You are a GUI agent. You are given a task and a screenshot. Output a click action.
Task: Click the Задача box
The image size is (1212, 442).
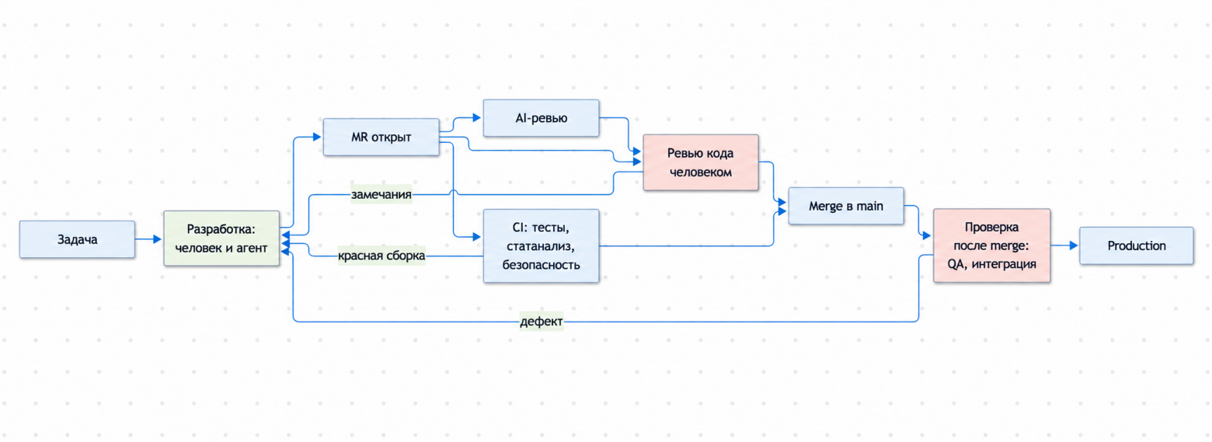click(x=78, y=239)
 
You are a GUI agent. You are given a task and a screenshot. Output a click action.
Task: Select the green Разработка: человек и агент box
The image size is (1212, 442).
click(x=221, y=238)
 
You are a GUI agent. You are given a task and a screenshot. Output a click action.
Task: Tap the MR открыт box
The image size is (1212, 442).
click(x=381, y=137)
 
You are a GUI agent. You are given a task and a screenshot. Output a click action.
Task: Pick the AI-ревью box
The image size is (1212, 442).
click(x=541, y=118)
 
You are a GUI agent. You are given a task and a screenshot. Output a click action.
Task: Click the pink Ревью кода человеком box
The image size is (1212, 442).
click(x=701, y=162)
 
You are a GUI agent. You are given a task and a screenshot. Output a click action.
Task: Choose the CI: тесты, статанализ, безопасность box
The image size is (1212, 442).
click(x=541, y=245)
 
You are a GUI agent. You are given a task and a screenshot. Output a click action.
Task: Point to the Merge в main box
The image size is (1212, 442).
click(x=846, y=206)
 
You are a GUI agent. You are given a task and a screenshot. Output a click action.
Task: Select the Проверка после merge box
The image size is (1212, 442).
click(x=992, y=245)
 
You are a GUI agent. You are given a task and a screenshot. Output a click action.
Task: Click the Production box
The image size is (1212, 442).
click(x=1136, y=245)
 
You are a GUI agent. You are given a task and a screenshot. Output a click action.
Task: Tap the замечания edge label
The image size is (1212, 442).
click(x=381, y=194)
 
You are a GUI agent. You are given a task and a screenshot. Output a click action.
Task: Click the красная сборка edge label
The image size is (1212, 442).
click(x=381, y=256)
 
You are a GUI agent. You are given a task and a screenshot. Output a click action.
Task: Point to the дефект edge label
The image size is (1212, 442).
click(x=541, y=322)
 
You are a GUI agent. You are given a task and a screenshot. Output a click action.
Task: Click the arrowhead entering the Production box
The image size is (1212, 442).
click(x=1074, y=245)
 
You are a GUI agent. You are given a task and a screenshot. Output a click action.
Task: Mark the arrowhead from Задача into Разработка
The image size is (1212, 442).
click(x=158, y=239)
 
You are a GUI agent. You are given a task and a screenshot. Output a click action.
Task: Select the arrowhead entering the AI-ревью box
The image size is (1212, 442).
click(x=477, y=117)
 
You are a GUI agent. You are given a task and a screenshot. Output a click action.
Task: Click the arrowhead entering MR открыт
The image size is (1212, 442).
click(x=317, y=137)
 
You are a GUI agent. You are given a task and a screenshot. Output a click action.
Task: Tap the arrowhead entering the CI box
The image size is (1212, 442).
click(x=477, y=237)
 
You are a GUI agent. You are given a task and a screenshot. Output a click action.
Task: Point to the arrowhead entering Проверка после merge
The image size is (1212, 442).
click(x=927, y=236)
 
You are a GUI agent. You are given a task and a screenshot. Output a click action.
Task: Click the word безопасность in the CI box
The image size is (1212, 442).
click(x=541, y=265)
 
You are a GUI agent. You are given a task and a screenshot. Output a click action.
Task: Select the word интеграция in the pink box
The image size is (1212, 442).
click(x=1008, y=264)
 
